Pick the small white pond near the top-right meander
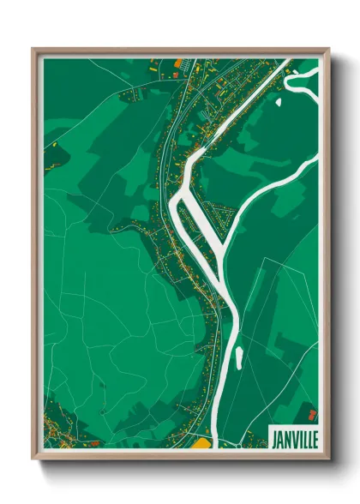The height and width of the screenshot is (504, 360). click(279, 101)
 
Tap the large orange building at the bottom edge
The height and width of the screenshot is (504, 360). click(201, 443)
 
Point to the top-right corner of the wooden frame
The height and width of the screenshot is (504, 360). click(327, 50)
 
